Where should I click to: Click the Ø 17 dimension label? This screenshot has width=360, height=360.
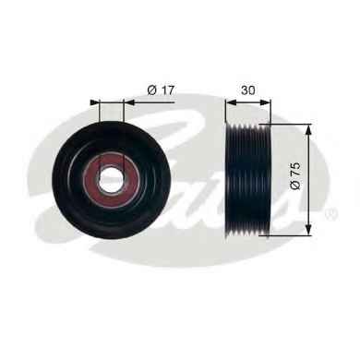[x=161, y=90]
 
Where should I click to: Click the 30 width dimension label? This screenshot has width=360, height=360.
[x=248, y=90]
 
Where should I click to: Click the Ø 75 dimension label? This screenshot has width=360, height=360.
[x=294, y=176]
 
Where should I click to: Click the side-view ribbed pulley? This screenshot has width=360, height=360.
[x=248, y=180]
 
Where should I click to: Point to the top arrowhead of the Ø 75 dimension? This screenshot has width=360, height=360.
[x=308, y=129]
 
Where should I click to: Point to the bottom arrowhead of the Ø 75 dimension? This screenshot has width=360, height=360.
[x=308, y=231]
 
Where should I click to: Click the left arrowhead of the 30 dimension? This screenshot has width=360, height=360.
[x=231, y=102]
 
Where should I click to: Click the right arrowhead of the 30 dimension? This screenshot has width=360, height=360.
[x=266, y=102]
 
